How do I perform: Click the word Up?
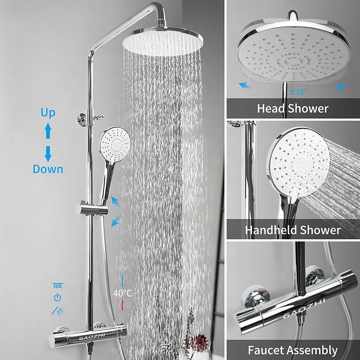[x=48, y=113]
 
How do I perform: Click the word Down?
[x=48, y=169]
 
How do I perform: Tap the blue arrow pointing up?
[x=48, y=131]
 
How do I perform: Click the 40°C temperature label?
[x=122, y=293]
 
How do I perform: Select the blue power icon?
[x=57, y=297]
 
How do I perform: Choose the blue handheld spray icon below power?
[x=57, y=310]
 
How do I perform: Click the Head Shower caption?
[x=292, y=108]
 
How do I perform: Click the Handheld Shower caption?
[x=292, y=230]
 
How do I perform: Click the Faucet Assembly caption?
[x=292, y=350]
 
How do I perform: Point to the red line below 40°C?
[x=122, y=305]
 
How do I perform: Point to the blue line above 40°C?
[x=122, y=280]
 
